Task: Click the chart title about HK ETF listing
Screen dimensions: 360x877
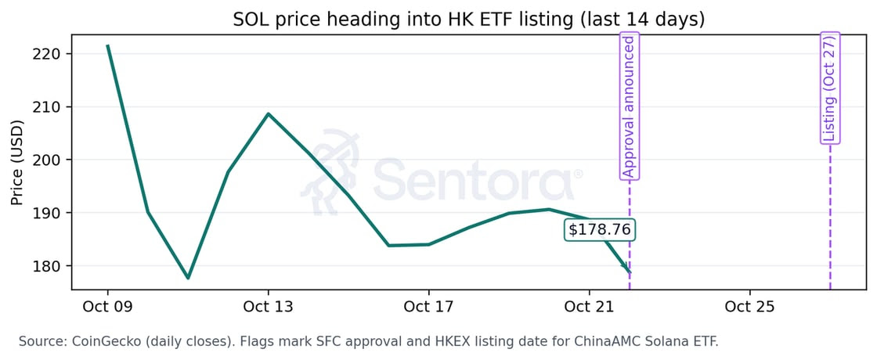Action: tap(468, 20)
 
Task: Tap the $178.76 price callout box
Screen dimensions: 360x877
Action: tap(601, 230)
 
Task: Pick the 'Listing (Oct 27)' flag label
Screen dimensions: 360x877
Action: tap(830, 88)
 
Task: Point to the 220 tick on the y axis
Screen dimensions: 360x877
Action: tap(49, 54)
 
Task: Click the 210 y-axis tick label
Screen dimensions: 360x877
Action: tap(49, 106)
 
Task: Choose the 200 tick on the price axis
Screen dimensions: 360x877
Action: tap(49, 160)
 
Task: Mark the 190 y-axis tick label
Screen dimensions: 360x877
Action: tap(49, 213)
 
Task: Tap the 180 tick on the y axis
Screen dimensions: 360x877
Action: tap(49, 266)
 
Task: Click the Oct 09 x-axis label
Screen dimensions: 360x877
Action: tap(107, 307)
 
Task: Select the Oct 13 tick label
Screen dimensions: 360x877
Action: tap(268, 307)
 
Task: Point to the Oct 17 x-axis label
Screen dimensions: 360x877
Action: tap(428, 307)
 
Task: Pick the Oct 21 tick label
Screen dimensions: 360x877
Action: tap(589, 307)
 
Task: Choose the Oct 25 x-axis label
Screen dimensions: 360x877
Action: tap(749, 307)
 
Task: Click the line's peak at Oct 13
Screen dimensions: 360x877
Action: tap(268, 113)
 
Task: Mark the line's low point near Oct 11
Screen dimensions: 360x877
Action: tap(188, 278)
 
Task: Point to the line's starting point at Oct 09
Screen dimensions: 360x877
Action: tap(107, 45)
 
